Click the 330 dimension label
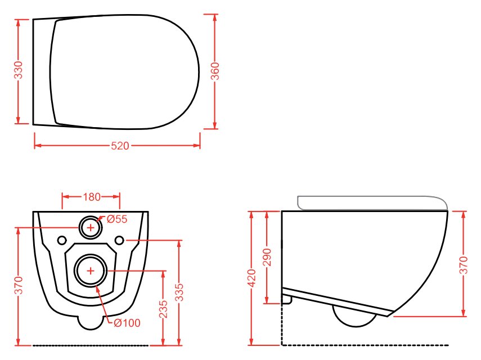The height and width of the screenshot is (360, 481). point(19,70)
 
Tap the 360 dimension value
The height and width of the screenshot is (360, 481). point(215,71)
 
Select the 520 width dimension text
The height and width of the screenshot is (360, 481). point(120,146)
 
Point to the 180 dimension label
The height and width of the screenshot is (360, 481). point(92,196)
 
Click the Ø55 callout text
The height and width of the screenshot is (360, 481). point(117,219)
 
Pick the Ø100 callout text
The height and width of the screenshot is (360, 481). point(127,322)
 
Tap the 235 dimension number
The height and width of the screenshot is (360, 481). point(163,309)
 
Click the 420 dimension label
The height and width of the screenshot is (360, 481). point(251,278)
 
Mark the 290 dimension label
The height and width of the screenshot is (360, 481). point(267,257)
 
